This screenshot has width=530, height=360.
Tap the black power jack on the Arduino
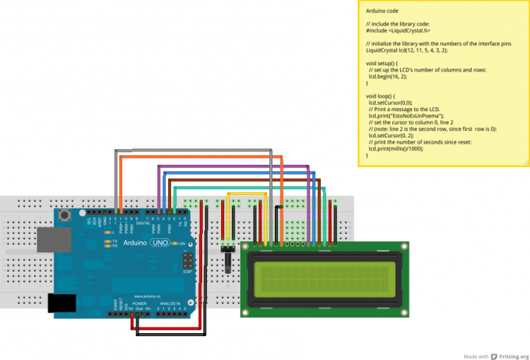click(x=61, y=303)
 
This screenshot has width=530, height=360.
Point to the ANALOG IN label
click(x=169, y=303)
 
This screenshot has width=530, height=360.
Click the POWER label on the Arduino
click(x=139, y=303)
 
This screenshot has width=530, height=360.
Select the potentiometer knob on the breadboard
click(x=229, y=262)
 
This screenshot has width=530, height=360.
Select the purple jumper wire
click(x=233, y=166)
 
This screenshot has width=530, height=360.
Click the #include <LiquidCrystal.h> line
click(x=398, y=30)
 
